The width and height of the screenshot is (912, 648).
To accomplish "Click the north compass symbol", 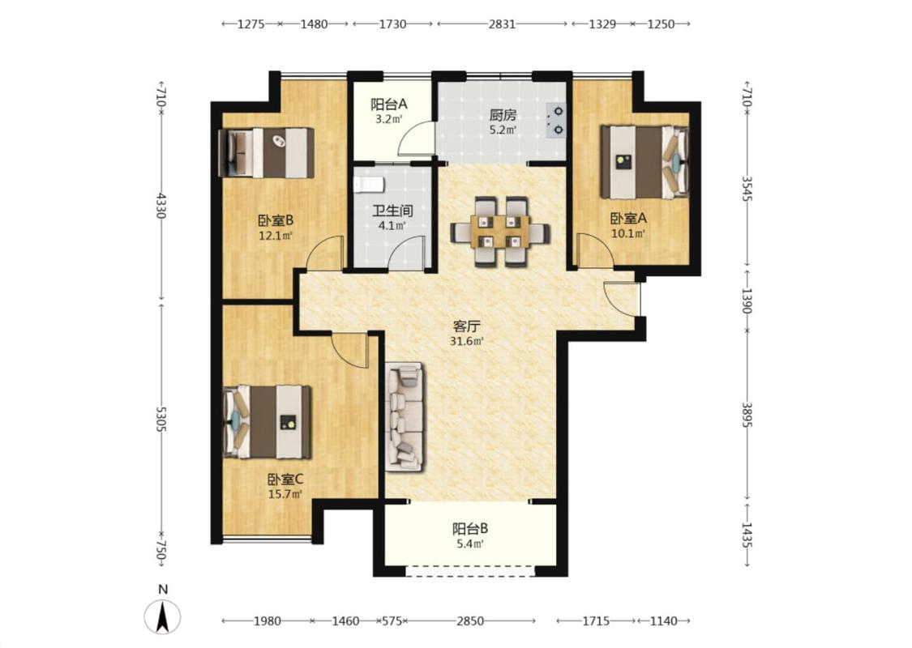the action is tap(163, 616).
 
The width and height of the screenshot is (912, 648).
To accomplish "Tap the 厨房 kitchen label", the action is tap(503, 116).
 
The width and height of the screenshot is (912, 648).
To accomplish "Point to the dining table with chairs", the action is tap(500, 232).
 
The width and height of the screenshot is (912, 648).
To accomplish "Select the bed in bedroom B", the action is tap(266, 153).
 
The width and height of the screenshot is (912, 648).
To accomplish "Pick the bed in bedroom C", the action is tap(267, 422).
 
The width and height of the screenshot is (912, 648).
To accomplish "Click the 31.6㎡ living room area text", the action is tap(467, 341).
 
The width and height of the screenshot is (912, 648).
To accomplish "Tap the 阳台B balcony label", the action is tap(470, 529).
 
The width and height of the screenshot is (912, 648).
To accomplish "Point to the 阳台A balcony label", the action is tap(389, 104).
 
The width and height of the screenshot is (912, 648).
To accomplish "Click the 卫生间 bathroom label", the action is tap(392, 210).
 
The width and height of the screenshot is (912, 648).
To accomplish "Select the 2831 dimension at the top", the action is tap(502, 23).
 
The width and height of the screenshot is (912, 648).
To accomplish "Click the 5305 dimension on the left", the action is tap(161, 419).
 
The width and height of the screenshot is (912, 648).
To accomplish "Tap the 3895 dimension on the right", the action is tap(747, 415).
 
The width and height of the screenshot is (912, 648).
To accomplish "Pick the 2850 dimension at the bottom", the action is tap(470, 620).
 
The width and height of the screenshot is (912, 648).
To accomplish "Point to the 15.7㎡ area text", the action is tap(285, 495).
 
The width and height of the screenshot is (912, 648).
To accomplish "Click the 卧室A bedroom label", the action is tap(628, 219).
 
